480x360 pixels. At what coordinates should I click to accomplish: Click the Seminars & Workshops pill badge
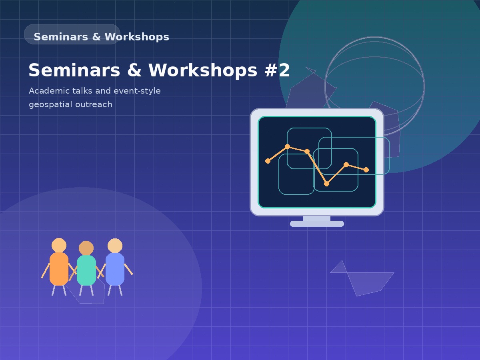72,34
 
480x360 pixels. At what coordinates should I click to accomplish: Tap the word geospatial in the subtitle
49,105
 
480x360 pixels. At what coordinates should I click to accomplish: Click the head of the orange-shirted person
59,245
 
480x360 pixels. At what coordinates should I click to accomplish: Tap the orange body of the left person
59,269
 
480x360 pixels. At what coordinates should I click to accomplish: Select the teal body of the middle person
86,271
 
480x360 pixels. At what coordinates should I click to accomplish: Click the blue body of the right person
115,269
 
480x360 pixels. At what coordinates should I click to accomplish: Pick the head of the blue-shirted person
115,246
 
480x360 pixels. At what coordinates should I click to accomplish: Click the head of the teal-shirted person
86,248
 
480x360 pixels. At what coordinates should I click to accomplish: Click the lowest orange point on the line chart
326,184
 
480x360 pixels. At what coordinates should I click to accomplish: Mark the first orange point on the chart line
268,161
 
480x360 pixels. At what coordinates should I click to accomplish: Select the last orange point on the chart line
366,170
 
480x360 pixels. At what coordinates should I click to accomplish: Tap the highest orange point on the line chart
287,146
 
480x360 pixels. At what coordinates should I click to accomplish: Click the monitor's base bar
317,224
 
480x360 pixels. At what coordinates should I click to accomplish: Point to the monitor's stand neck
317,218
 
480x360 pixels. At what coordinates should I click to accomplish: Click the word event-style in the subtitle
137,91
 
